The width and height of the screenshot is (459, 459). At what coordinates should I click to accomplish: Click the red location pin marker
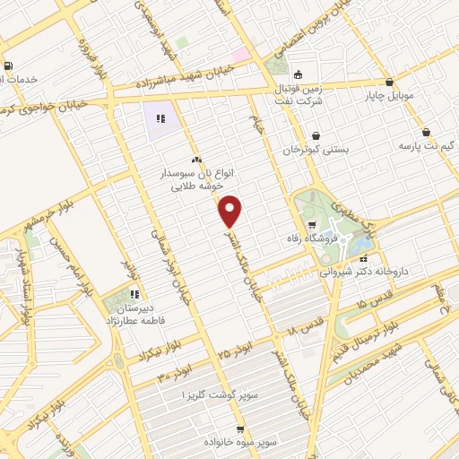click(x=230, y=211)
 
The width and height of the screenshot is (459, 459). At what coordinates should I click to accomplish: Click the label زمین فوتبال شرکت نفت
click(x=299, y=94)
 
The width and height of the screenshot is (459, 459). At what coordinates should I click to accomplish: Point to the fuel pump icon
click(x=9, y=65)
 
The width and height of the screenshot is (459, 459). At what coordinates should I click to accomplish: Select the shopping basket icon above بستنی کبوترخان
click(x=316, y=136)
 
